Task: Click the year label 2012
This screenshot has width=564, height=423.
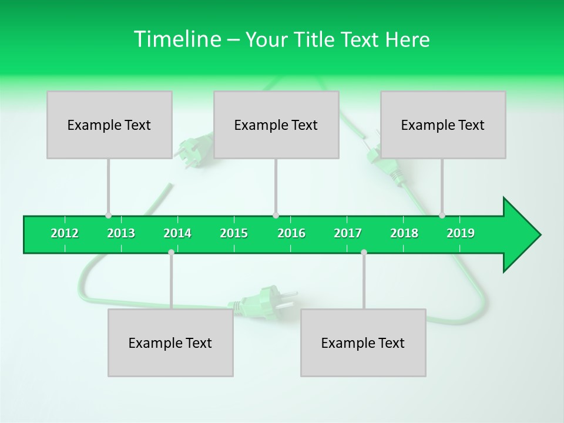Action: click(65, 234)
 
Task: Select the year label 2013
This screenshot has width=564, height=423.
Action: click(121, 234)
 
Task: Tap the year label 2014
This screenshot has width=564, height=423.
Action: click(177, 234)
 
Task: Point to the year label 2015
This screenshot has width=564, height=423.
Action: click(234, 234)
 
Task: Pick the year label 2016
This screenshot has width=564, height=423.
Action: click(291, 234)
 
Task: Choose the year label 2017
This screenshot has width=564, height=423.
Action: click(348, 234)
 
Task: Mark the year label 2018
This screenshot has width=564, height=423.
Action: click(404, 234)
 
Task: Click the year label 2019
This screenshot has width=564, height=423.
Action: click(461, 234)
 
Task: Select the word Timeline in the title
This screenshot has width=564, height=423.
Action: click(176, 39)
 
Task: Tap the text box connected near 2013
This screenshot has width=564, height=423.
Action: click(109, 125)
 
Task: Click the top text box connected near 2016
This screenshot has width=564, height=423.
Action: click(276, 125)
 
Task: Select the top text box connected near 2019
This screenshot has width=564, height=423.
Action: click(443, 125)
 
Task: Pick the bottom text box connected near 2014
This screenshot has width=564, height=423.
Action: click(170, 343)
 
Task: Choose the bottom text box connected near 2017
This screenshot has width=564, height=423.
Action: click(363, 343)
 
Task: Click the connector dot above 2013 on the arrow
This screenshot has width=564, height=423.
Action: click(108, 216)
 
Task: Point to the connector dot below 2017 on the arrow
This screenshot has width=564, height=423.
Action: click(364, 253)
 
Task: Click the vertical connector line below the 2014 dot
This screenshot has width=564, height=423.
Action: click(171, 282)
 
